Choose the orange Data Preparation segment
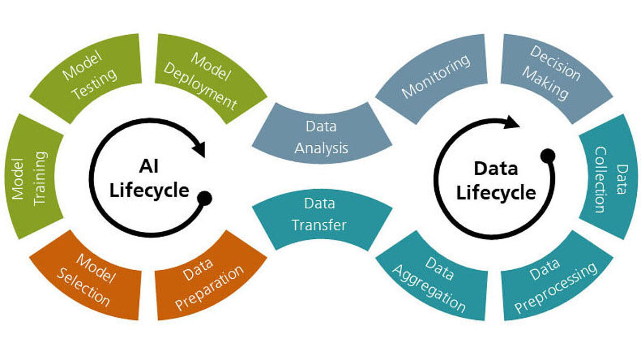209,277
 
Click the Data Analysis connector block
322,137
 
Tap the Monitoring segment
435,75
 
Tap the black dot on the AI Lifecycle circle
205,198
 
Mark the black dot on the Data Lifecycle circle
547,156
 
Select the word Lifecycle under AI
149,190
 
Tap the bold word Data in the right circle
496,169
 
